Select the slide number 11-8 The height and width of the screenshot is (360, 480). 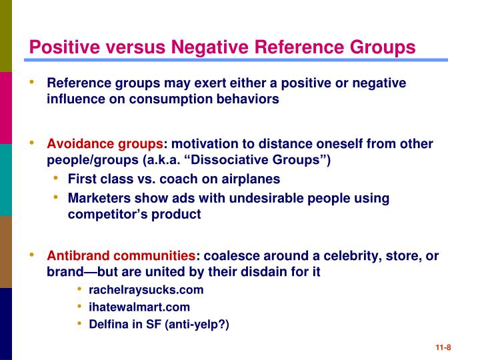[443, 347]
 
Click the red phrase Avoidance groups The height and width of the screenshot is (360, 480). [105, 144]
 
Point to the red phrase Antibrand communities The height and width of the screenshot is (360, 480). [121, 256]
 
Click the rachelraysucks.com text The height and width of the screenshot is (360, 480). [146, 290]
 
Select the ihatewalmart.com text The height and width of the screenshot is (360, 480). [139, 307]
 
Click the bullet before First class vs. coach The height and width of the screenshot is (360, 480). [57, 179]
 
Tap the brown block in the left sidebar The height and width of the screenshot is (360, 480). [6, 252]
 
